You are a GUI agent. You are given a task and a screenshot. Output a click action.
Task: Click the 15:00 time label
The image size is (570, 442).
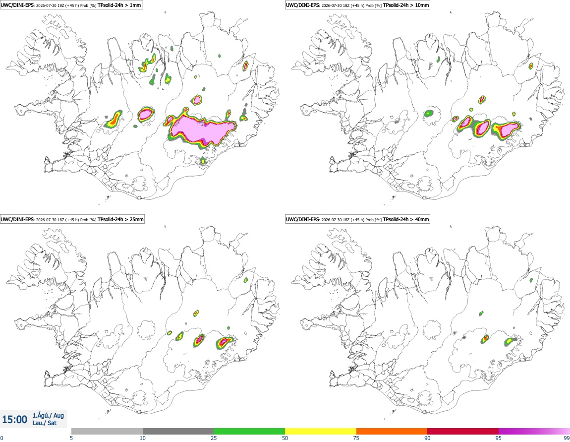pyautogui.click(x=14, y=420)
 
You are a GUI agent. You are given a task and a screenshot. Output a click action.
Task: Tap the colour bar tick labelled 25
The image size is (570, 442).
pyautogui.click(x=214, y=438)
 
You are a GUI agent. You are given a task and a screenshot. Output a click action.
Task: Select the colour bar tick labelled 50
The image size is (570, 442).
pyautogui.click(x=285, y=438)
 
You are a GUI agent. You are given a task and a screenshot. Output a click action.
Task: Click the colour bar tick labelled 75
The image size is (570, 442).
pyautogui.click(x=356, y=438)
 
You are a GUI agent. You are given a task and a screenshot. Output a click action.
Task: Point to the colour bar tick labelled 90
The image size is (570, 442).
pyautogui.click(x=427, y=438)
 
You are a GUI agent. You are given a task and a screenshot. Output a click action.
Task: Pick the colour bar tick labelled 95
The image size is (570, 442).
pyautogui.click(x=499, y=438)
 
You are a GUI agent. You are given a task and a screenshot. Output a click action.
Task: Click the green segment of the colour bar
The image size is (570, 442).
pyautogui.click(x=249, y=431)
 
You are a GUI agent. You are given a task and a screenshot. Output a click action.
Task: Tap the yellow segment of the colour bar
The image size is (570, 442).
pyautogui.click(x=321, y=431)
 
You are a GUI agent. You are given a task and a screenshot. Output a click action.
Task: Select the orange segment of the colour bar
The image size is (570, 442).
pyautogui.click(x=392, y=431)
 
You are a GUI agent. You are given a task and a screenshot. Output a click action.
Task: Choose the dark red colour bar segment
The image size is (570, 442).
pyautogui.click(x=463, y=431)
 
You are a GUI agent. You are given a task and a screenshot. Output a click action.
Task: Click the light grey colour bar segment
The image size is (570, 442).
pyautogui.click(x=107, y=431)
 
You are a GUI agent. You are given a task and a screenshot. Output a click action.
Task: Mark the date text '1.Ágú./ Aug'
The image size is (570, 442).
pyautogui.click(x=48, y=415)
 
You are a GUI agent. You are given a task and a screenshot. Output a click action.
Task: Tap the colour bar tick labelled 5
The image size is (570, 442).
pyautogui.click(x=71, y=438)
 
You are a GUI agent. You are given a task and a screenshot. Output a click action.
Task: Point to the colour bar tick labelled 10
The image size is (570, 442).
pyautogui.click(x=143, y=438)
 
